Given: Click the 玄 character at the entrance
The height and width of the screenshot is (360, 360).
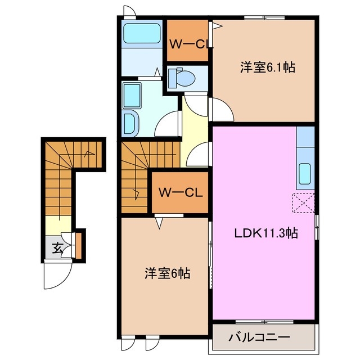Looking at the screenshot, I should tap(57, 246).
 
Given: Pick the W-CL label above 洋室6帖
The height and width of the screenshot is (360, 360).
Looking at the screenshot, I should tap(181, 192).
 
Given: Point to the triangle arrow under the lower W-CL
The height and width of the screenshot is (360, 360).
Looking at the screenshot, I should tap(160, 223).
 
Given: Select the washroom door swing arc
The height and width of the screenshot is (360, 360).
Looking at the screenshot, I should tap(169, 125).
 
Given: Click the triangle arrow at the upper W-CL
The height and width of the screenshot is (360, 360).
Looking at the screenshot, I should tap(213, 25).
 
